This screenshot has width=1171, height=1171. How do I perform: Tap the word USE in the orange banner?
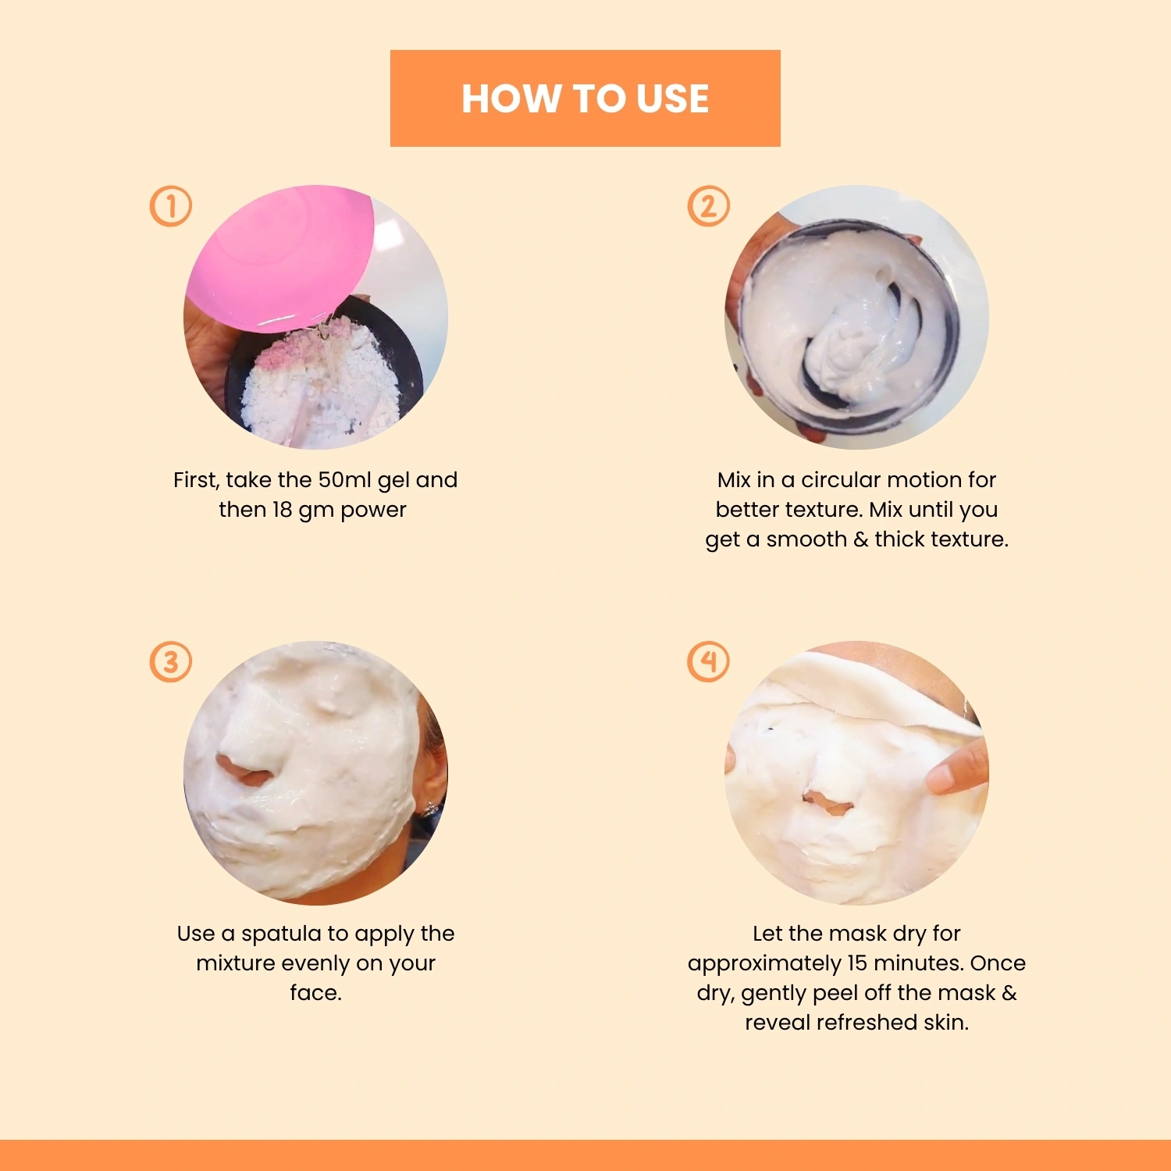click(x=672, y=99)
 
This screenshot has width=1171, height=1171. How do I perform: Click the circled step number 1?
click(x=170, y=206)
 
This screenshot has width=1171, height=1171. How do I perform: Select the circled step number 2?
click(x=708, y=206)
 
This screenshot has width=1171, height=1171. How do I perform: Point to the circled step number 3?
click(x=170, y=662)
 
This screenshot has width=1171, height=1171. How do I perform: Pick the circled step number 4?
click(x=708, y=662)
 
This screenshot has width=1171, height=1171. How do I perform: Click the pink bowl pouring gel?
click(x=281, y=258)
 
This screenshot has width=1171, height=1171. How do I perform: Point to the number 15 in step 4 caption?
click(x=857, y=963)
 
